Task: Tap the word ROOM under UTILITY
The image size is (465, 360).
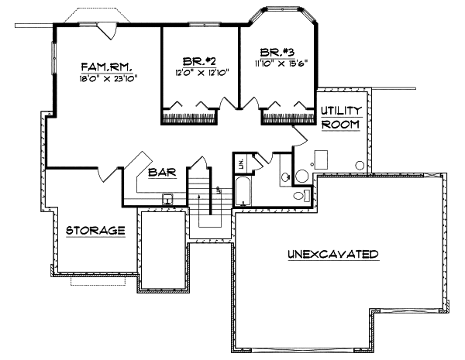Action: point(339,124)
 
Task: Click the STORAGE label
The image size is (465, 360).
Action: point(95,231)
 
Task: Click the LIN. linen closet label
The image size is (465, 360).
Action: point(241,163)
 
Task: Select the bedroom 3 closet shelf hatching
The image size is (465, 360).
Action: point(287,118)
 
